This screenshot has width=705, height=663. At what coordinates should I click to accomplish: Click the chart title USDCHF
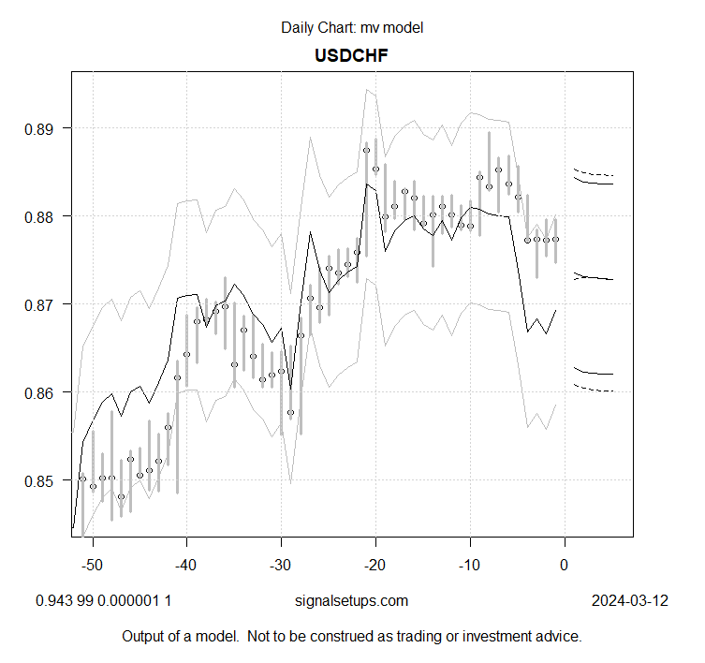352,55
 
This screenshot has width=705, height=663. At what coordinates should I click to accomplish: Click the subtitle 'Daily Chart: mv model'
352,27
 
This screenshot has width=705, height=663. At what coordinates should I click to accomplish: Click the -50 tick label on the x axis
92,565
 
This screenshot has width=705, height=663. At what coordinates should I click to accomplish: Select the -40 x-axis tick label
186,565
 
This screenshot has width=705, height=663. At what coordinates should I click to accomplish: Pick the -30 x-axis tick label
281,565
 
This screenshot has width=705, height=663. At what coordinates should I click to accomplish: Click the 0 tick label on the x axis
564,565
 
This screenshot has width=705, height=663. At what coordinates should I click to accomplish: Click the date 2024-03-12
629,600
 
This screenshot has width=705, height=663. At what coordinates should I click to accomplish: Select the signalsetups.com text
352,600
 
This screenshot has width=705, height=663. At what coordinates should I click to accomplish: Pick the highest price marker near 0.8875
366,150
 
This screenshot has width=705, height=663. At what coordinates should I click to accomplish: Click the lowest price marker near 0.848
121,496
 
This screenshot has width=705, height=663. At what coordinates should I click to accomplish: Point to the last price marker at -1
555,239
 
